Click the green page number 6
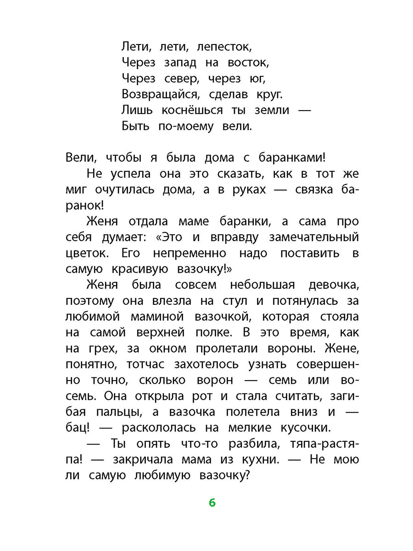(x=212, y=502)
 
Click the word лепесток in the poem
(x=224, y=47)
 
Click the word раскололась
(x=160, y=427)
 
